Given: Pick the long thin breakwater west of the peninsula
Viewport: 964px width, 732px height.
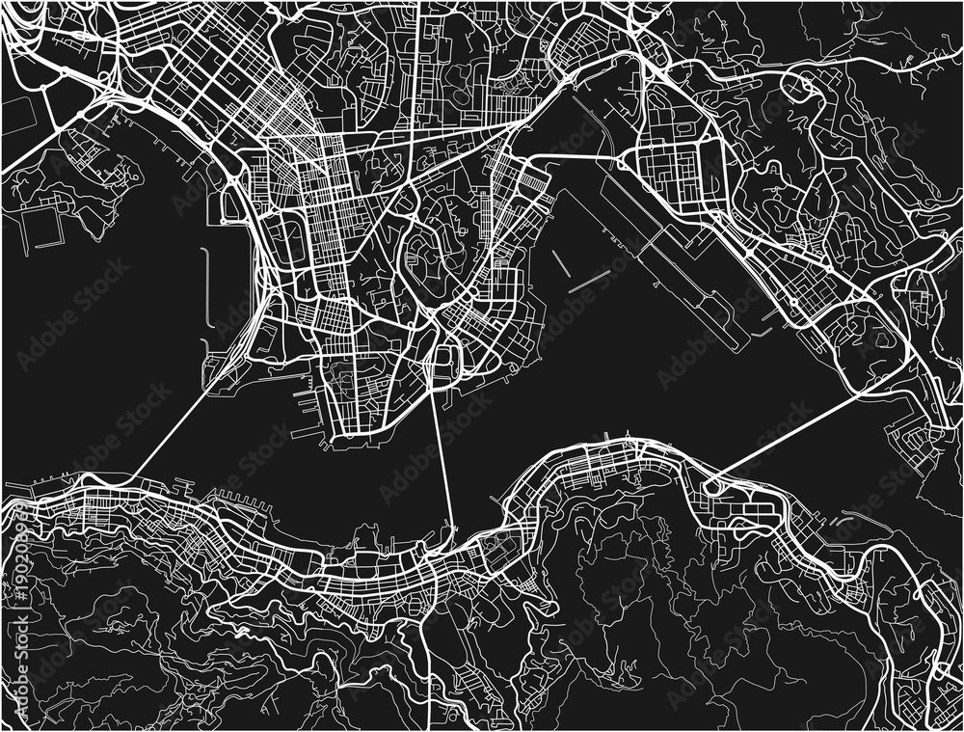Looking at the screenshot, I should click(206, 288).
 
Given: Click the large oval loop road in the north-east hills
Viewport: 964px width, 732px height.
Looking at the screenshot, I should click(799, 88).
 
